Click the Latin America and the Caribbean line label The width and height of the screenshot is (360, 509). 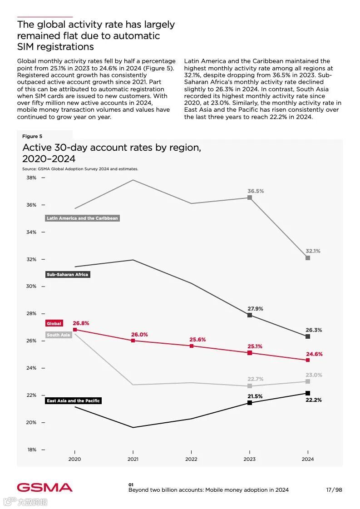tap(82, 218)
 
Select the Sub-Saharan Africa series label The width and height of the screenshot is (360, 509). tap(68, 275)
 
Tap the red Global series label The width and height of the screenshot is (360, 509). tap(54, 324)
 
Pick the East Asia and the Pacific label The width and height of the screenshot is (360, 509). tap(73, 401)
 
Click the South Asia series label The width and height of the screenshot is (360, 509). tap(59, 335)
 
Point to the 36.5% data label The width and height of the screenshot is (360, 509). tap(256, 191)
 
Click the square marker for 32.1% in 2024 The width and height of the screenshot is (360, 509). tap(308, 258)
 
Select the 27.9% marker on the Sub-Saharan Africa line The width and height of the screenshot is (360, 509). tap(250, 315)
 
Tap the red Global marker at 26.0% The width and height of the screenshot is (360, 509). tap(133, 341)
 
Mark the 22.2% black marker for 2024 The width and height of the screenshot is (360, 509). tap(308, 393)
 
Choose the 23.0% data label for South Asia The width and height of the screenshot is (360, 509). tap(314, 375)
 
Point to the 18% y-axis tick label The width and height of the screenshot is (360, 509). tap(32, 450)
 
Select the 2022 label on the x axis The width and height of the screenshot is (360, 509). tap(191, 459)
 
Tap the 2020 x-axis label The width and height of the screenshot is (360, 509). tap(74, 459)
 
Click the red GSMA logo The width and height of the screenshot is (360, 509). tap(44, 488)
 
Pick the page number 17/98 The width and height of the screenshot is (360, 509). tap(334, 490)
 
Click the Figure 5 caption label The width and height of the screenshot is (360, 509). tap(32, 136)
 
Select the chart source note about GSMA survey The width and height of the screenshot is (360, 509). tap(80, 169)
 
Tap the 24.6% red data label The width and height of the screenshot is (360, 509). tap(314, 354)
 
